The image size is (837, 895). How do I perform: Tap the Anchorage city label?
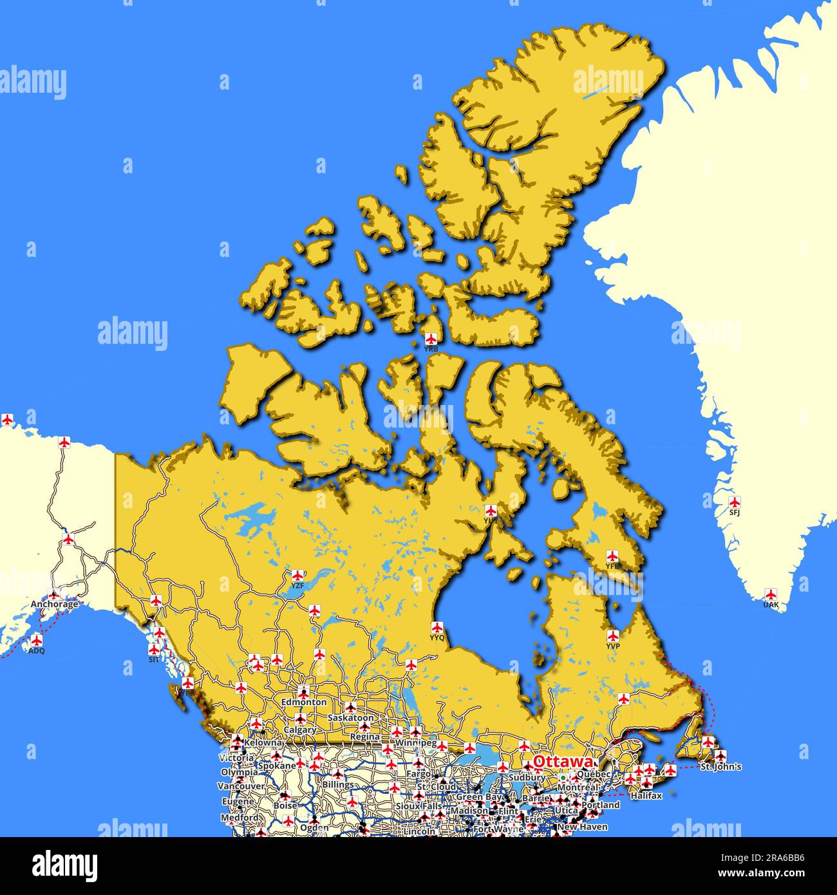[55, 605]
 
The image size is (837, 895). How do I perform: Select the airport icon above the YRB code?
[431, 338]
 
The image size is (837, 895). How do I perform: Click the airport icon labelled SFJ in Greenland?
[734, 502]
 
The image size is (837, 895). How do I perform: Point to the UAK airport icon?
[770, 594]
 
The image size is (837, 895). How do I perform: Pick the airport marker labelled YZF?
[297, 575]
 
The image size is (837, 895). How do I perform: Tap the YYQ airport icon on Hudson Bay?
[438, 627]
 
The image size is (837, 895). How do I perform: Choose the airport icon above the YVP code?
[612, 636]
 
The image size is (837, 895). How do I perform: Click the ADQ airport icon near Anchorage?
[37, 641]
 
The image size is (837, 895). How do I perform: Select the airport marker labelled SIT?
[154, 650]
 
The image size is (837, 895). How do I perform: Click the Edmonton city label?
[303, 702]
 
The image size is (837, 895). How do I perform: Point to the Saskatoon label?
[350, 717]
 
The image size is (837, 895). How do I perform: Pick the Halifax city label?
[646, 796]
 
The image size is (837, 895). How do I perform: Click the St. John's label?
[720, 767]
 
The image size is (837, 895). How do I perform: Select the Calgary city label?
[300, 730]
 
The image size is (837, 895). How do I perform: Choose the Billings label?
[338, 785]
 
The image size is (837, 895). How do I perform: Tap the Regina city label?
[364, 737]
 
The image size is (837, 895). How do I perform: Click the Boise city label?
[285, 805]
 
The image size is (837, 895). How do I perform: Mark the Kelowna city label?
[263, 743]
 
